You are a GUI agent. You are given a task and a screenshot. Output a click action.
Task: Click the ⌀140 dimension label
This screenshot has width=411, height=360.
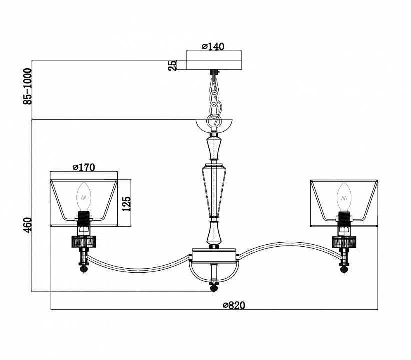coord(213,46)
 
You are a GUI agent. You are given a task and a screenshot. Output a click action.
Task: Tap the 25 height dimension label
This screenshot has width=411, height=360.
coord(172,65)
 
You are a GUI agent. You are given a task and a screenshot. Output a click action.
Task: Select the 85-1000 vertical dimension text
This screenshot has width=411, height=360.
coord(28,86)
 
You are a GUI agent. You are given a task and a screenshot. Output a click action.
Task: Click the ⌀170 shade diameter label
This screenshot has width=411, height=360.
coord(83,167)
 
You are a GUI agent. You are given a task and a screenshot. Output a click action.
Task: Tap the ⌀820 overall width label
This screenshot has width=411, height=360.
coord(234,305)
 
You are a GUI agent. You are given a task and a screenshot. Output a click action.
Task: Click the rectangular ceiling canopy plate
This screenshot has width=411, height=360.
coord(214,60)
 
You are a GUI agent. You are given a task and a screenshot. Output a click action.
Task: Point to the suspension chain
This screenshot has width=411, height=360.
coord(214,97)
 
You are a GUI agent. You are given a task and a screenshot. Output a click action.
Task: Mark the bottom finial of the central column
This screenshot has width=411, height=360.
coord(214,288)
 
